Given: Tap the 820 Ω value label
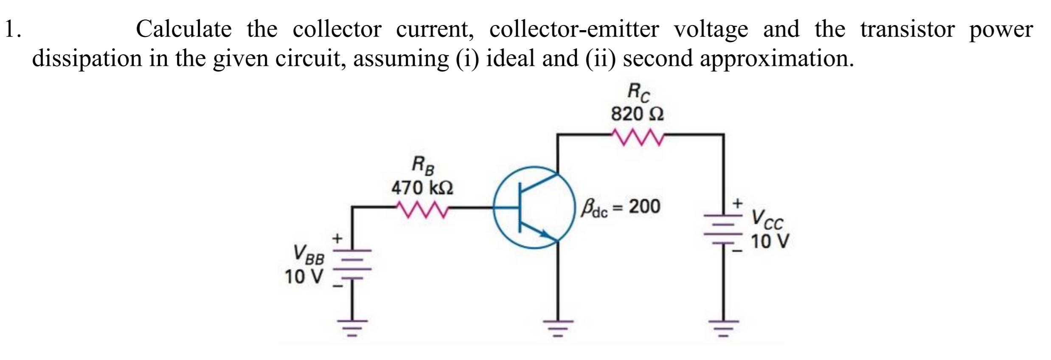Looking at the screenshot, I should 637,114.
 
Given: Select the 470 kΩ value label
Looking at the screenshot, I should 422,188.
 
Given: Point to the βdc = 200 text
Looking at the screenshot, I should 621,207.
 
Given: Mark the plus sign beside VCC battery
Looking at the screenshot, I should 738,203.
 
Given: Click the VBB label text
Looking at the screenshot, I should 309,255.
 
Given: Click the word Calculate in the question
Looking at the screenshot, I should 183,30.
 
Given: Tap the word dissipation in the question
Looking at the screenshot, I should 87,59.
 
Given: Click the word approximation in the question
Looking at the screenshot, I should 776,59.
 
